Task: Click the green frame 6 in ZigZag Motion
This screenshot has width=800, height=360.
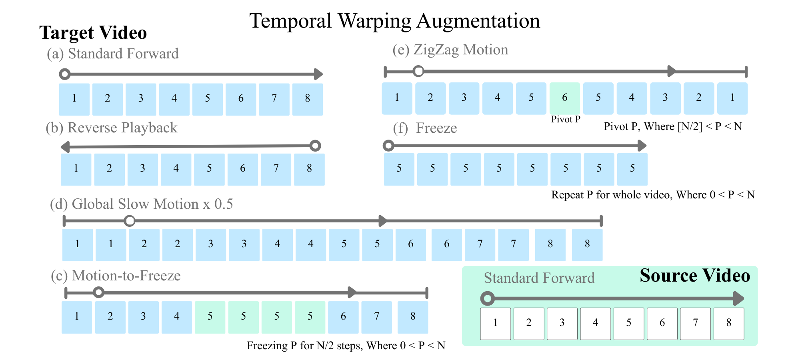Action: click(x=564, y=98)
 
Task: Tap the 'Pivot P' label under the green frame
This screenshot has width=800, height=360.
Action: click(x=565, y=119)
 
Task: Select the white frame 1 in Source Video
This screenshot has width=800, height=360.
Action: click(x=495, y=324)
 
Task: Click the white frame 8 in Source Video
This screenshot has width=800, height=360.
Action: click(x=728, y=324)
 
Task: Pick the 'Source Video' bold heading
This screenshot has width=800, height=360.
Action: click(x=694, y=276)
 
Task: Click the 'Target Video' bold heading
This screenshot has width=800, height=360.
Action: click(x=93, y=33)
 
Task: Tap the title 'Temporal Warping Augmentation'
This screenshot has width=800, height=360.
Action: click(x=394, y=21)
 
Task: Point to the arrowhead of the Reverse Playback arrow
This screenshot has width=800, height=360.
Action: click(x=65, y=147)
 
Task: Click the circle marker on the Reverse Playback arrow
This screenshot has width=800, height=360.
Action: click(x=315, y=146)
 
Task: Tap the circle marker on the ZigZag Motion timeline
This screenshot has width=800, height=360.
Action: click(x=418, y=72)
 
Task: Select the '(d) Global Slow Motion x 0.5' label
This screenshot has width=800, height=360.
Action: click(x=141, y=204)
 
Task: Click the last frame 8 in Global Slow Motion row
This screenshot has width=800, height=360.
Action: click(x=587, y=244)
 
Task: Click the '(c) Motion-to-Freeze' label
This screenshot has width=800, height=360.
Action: click(x=116, y=276)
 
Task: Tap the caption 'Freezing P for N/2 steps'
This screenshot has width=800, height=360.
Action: click(x=346, y=346)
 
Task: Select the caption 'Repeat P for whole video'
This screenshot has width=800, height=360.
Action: click(x=653, y=195)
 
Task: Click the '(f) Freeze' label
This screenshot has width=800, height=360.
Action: click(x=425, y=128)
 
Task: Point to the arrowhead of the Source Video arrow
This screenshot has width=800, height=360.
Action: click(x=739, y=298)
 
